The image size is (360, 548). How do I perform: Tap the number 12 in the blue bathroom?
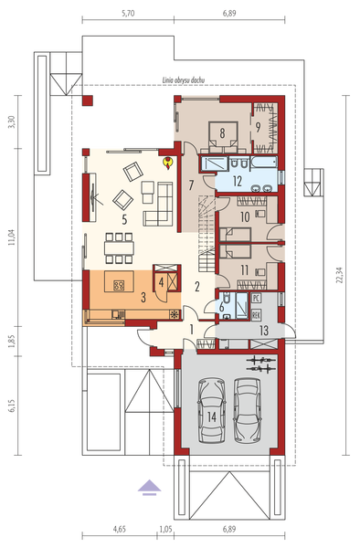tap(237, 182)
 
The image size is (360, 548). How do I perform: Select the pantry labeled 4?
tap(161, 281)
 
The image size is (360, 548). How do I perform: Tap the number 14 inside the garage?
tap(212, 416)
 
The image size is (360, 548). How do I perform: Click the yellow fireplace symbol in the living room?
tap(168, 163)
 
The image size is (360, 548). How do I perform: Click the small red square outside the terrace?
tap(88, 100)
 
